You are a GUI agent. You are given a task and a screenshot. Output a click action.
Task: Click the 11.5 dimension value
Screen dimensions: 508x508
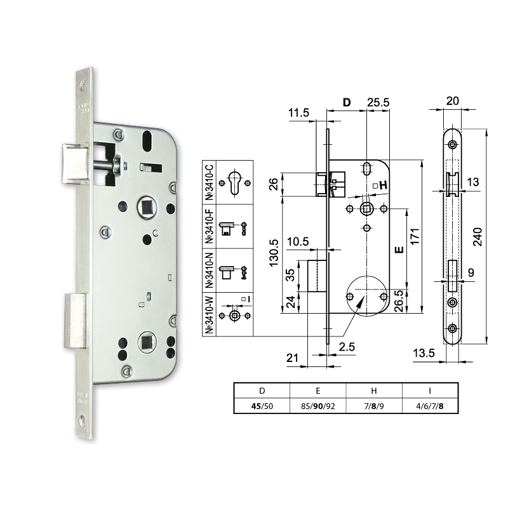tap(298, 112)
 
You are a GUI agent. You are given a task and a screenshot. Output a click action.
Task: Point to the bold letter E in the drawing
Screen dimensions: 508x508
tap(399, 250)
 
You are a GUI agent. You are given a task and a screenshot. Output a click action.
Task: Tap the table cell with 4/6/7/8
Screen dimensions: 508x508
tap(430, 406)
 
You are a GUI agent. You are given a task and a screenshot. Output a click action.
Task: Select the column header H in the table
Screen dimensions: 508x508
tap(374, 391)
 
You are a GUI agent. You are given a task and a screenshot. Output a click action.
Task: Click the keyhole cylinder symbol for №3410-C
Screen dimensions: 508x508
tap(234, 182)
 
